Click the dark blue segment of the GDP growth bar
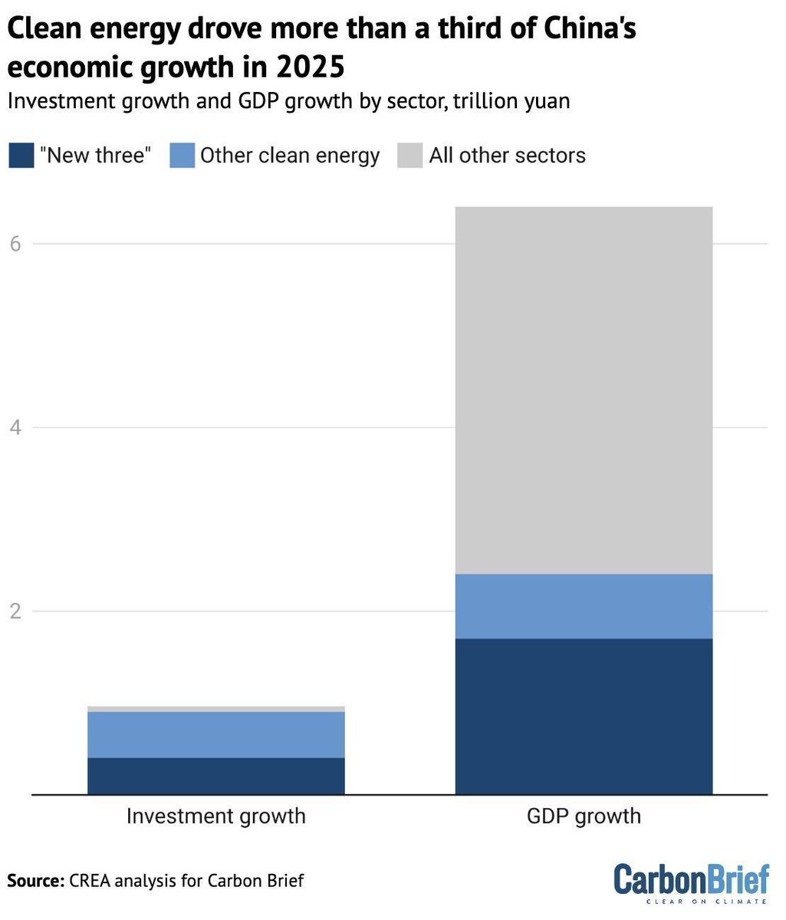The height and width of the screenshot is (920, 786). point(584,716)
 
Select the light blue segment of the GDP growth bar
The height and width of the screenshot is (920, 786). point(584,606)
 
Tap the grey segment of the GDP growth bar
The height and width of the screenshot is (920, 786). point(584,389)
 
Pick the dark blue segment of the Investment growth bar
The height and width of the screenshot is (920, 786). point(215,775)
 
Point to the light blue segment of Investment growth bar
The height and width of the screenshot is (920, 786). point(215,734)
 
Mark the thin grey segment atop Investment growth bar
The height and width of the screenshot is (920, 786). point(215,709)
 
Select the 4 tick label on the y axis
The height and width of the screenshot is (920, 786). point(16,427)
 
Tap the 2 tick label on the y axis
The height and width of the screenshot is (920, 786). point(16,611)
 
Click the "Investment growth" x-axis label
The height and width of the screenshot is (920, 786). point(215,816)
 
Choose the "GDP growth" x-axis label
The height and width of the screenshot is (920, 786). point(584,816)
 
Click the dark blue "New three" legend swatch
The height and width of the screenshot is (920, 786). point(21,156)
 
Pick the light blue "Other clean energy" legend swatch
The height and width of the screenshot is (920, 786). point(183,156)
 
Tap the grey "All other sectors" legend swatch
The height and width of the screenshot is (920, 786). point(410,156)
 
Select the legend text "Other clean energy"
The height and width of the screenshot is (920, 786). point(290,156)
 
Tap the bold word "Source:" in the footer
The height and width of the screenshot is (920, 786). point(35,881)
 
